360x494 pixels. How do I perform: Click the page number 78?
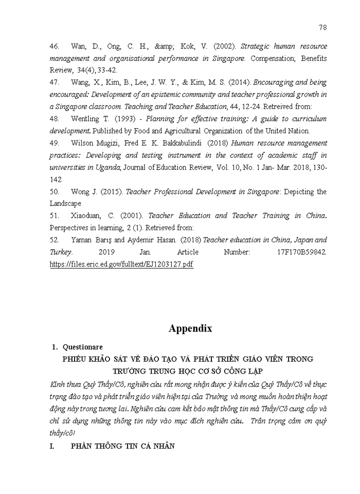322,27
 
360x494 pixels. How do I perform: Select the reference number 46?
55,46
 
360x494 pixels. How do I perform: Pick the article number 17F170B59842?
301,252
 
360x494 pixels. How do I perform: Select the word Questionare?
83,347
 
